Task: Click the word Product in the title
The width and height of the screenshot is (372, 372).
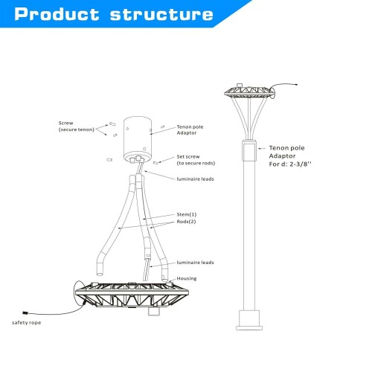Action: point(57,14)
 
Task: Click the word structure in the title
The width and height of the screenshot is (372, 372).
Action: point(161,14)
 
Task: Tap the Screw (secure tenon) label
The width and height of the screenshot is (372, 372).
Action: point(77,126)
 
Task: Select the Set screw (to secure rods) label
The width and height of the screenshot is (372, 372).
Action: point(196,160)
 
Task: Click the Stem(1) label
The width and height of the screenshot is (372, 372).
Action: point(187,214)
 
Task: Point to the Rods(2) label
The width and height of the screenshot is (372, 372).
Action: point(186,222)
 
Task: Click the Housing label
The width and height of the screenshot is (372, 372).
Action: point(187,278)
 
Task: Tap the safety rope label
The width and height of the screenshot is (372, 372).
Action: point(27,323)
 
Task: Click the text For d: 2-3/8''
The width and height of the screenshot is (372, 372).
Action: point(290,164)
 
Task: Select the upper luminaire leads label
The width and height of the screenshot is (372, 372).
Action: point(195,179)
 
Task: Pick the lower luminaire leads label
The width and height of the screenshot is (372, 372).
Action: point(195,263)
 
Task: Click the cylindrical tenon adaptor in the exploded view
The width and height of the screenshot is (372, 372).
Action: point(138,140)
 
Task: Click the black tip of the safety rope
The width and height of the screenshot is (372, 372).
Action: point(25,313)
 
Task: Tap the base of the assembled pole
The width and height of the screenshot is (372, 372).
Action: point(249,320)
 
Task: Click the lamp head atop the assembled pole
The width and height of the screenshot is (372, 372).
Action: point(249,92)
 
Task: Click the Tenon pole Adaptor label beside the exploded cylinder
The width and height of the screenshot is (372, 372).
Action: point(190,129)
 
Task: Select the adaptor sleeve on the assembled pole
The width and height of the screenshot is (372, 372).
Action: point(249,150)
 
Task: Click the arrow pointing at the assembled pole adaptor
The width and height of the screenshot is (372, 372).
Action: point(262,149)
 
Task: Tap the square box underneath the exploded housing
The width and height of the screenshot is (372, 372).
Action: point(154,312)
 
